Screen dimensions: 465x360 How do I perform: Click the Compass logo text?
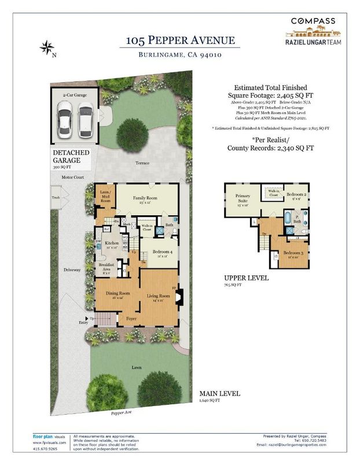[x=313, y=21]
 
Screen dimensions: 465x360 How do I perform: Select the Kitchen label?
[x=112, y=243]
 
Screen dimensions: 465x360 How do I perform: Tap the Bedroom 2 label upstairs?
[x=297, y=194]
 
